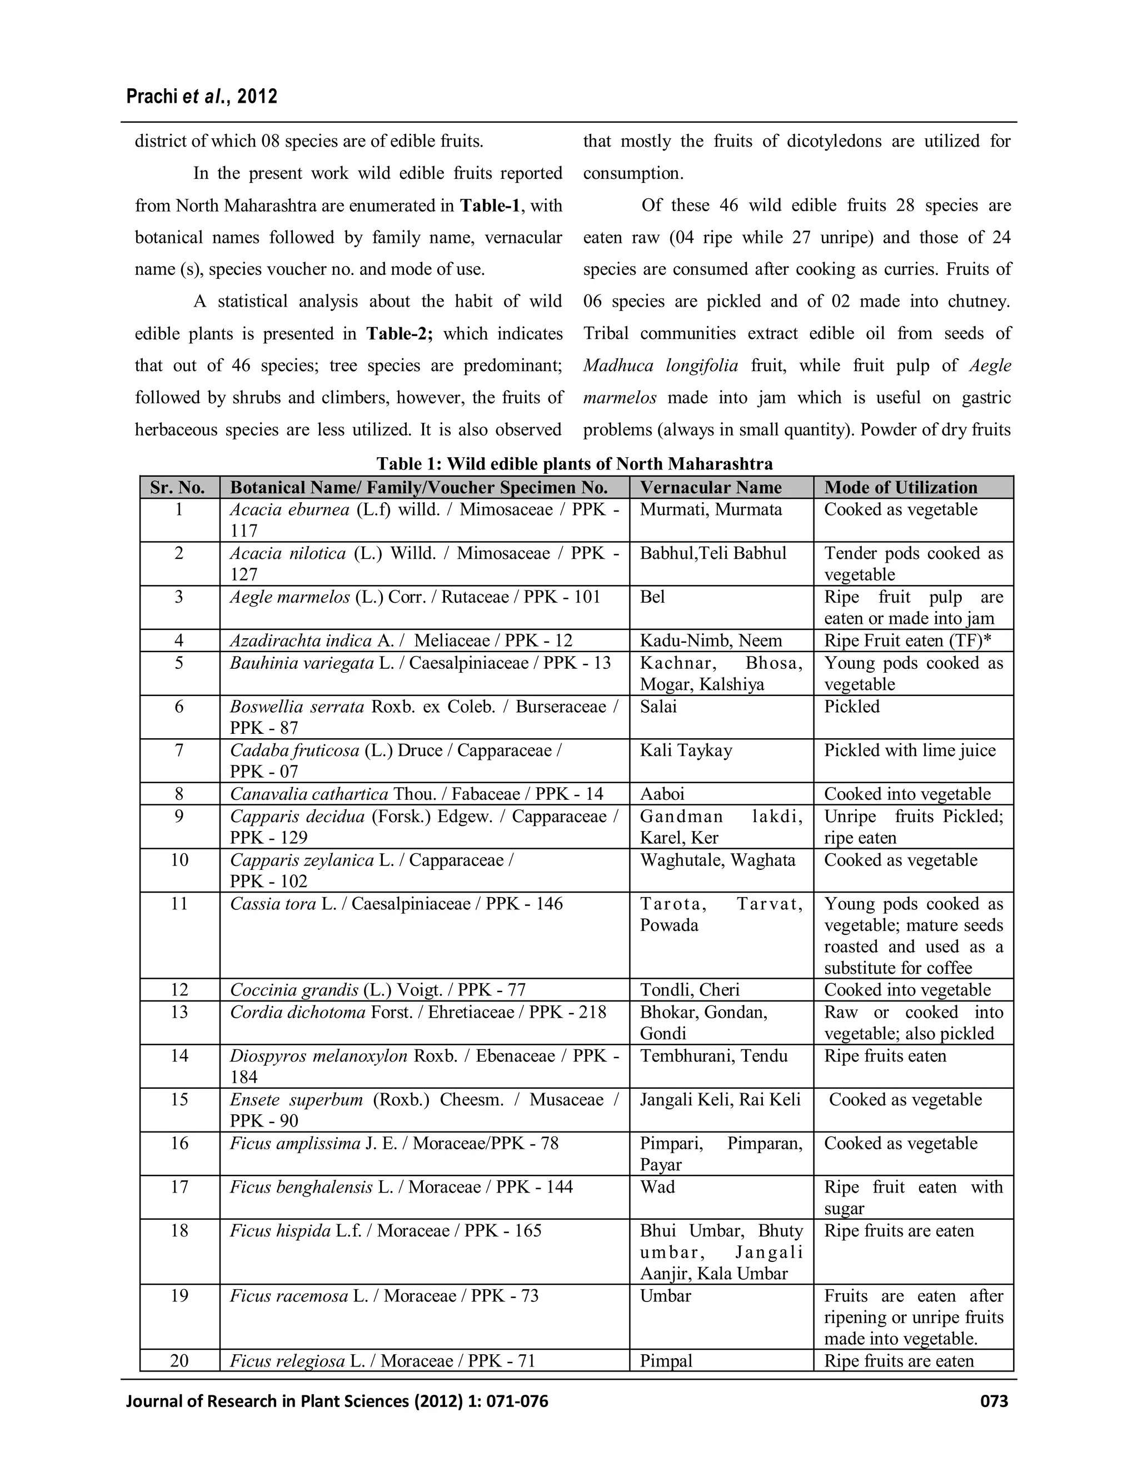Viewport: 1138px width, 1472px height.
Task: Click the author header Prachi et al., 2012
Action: click(202, 97)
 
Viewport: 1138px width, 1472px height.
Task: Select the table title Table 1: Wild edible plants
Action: click(575, 464)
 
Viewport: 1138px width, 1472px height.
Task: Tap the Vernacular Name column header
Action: click(711, 487)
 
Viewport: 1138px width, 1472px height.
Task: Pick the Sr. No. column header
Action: click(178, 487)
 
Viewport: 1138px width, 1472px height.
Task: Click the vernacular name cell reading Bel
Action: click(652, 597)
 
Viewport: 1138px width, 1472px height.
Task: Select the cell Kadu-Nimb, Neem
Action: click(711, 640)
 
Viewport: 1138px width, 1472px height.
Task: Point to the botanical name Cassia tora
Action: click(273, 904)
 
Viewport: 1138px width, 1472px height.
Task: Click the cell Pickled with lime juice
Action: click(910, 750)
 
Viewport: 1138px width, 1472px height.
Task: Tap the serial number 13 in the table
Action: click(179, 1012)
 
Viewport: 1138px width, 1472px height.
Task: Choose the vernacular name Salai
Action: click(658, 707)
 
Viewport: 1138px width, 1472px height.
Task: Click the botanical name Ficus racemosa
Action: click(289, 1296)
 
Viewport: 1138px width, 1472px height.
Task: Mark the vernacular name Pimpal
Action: click(666, 1361)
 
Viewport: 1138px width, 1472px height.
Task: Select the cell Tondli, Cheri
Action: click(690, 990)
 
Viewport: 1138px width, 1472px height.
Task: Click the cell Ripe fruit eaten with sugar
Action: click(913, 1198)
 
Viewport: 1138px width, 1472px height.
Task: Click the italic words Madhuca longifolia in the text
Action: click(661, 366)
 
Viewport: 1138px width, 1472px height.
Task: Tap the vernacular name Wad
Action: click(657, 1187)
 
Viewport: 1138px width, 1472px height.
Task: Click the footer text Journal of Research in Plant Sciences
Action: click(337, 1401)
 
